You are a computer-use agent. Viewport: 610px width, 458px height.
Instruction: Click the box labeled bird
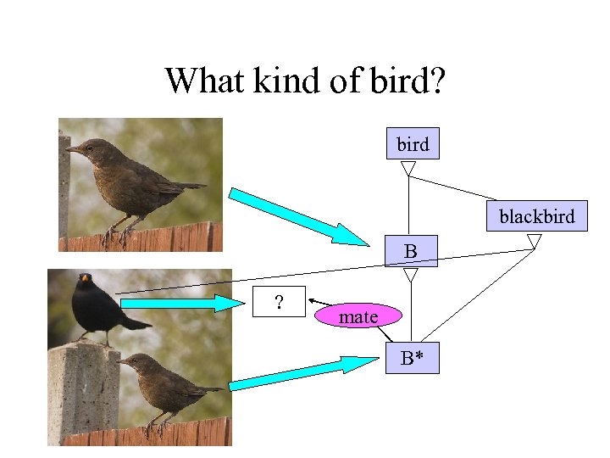coord(413,144)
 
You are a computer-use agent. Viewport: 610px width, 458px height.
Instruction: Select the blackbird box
coord(536,216)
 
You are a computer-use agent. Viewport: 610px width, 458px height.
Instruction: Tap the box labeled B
coord(411,251)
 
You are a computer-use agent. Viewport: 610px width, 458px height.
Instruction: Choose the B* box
coord(412,358)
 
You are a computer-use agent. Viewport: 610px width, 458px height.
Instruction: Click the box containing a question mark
coord(280,301)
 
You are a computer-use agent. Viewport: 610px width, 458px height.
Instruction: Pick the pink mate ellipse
coord(358,316)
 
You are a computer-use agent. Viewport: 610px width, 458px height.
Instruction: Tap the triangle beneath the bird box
coord(408,169)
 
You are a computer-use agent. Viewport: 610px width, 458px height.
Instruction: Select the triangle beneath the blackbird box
coord(534,242)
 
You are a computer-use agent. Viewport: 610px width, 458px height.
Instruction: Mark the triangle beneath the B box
coord(411,275)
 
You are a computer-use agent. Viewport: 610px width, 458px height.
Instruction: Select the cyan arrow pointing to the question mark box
coord(178,302)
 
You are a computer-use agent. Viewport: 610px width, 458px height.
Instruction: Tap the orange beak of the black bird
coord(85,278)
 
